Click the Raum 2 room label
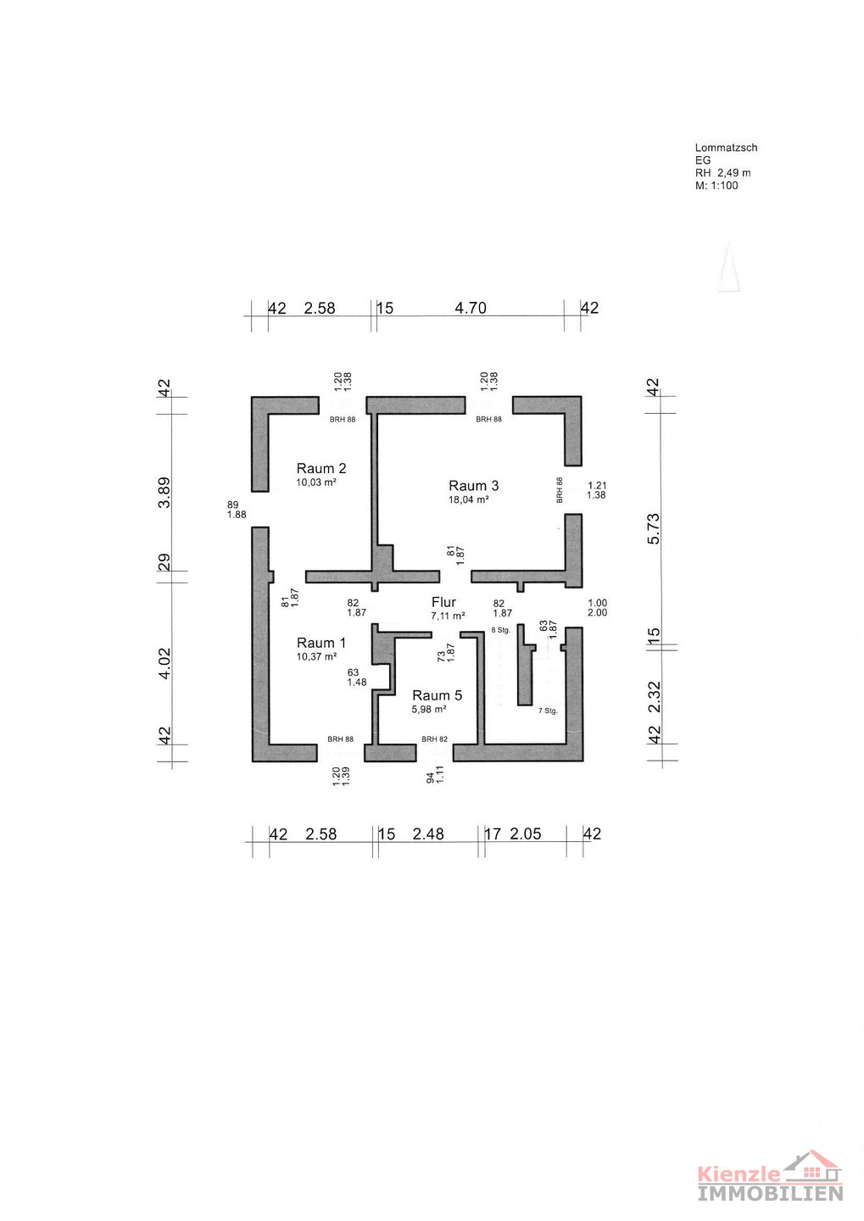321,468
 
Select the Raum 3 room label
473,486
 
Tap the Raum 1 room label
321,643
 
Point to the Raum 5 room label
437,695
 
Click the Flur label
443,602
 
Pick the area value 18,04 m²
468,499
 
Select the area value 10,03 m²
316,482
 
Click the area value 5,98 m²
429,709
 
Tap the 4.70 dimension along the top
471,308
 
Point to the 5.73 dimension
653,528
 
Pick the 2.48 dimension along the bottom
428,834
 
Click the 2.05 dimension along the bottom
526,834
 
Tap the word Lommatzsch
726,148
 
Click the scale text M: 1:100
716,186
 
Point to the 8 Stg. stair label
501,630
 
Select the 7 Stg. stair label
548,711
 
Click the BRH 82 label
434,739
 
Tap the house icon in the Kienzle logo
813,1168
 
